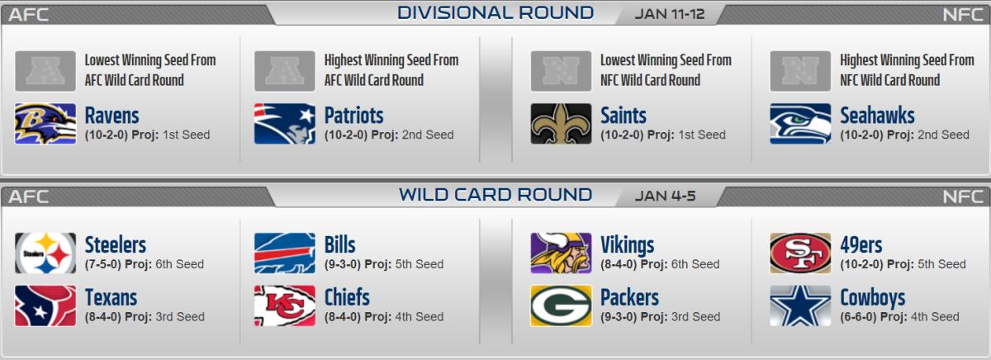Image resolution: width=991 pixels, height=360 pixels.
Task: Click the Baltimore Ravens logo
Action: pyautogui.click(x=45, y=124)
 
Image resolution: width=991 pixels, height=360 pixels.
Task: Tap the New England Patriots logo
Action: pyautogui.click(x=284, y=124)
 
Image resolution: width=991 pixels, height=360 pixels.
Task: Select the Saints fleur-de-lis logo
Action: pyautogui.click(x=561, y=124)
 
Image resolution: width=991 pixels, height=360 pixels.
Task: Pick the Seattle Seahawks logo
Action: pyautogui.click(x=800, y=124)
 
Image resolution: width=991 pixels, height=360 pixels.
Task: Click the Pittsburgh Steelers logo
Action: pyautogui.click(x=45, y=253)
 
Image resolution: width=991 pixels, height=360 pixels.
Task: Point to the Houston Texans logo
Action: pyautogui.click(x=45, y=306)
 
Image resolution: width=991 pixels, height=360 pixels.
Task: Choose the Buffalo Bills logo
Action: pyautogui.click(x=284, y=253)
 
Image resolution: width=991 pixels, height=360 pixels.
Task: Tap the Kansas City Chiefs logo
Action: pyautogui.click(x=284, y=306)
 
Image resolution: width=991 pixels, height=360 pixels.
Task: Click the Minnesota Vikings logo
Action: pyautogui.click(x=561, y=253)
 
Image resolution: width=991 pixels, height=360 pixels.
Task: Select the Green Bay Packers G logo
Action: pyautogui.click(x=561, y=306)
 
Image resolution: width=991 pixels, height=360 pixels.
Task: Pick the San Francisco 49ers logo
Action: pyautogui.click(x=800, y=253)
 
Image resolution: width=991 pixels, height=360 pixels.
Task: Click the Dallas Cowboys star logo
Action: pyautogui.click(x=800, y=306)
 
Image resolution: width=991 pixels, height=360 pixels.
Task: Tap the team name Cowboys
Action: pyautogui.click(x=872, y=298)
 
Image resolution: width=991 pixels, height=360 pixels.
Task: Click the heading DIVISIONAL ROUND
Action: pyautogui.click(x=495, y=13)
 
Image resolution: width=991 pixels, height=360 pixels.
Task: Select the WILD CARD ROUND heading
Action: pyautogui.click(x=495, y=195)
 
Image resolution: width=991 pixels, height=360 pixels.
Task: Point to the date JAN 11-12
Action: pyautogui.click(x=670, y=14)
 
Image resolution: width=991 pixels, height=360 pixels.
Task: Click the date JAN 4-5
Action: pyautogui.click(x=665, y=196)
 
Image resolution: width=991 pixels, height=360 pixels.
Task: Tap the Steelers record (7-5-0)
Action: pyautogui.click(x=102, y=264)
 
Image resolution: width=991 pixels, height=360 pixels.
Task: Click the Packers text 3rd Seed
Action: pyautogui.click(x=695, y=317)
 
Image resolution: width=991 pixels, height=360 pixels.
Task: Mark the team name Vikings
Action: pyautogui.click(x=628, y=245)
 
